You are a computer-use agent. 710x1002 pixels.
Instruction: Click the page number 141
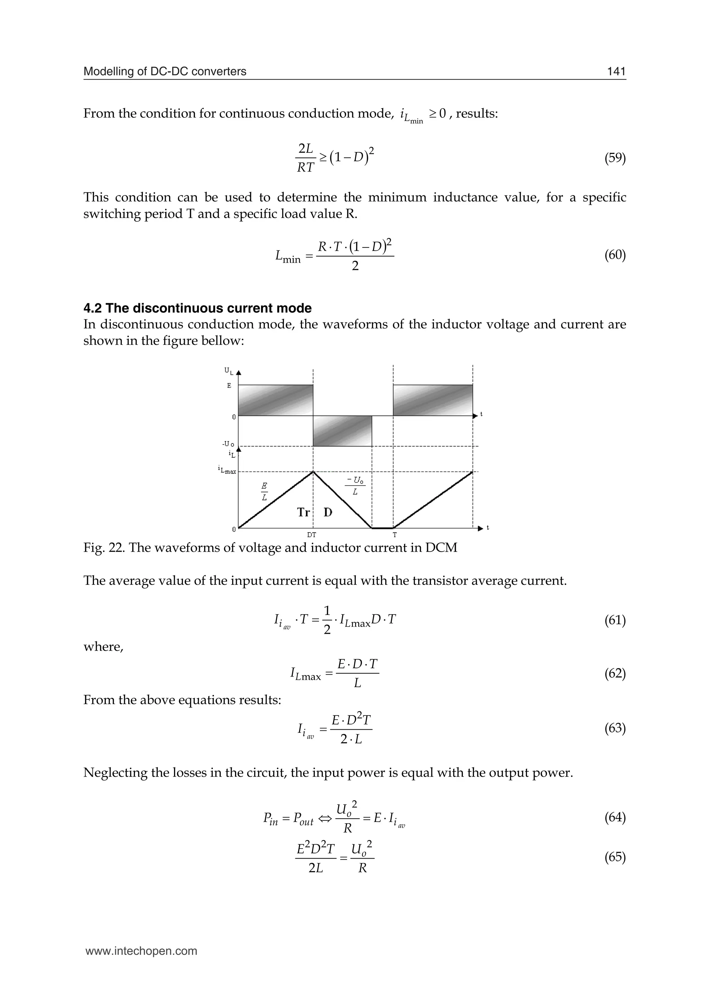click(616, 71)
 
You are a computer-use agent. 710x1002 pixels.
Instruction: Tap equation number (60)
click(615, 255)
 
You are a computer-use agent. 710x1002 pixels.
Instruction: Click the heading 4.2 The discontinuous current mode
click(197, 308)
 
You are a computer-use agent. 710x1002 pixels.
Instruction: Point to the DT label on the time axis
click(311, 534)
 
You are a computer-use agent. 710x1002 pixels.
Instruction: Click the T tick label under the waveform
click(394, 534)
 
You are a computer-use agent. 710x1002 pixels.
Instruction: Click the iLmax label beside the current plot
click(227, 471)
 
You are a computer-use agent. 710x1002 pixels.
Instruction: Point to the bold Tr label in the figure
click(303, 512)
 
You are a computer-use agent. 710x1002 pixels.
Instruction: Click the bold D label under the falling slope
click(328, 512)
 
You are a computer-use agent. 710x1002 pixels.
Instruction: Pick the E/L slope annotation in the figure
click(264, 492)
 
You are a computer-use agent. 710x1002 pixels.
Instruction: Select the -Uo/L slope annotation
click(355, 486)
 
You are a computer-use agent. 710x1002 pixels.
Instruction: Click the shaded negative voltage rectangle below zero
click(342, 431)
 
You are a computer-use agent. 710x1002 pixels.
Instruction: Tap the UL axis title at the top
click(228, 371)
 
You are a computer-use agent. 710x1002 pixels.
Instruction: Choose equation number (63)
click(615, 728)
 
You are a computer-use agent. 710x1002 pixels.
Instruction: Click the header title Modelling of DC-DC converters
click(165, 71)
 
